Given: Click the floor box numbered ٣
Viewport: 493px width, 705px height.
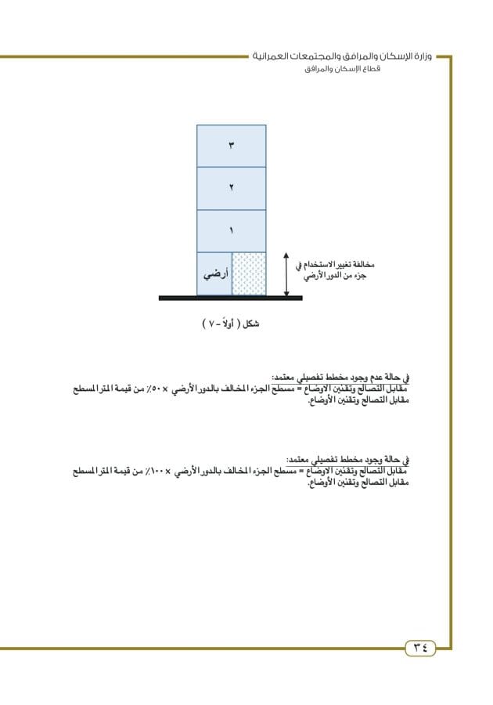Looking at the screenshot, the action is point(231,146).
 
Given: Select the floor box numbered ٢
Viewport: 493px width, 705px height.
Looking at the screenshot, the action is point(231,188).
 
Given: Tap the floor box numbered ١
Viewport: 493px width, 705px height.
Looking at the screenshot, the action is point(231,231).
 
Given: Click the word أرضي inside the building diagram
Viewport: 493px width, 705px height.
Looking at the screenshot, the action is point(214,274).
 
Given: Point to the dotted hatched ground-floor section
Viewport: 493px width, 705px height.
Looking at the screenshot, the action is point(249,274).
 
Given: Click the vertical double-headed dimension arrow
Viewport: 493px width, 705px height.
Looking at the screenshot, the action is point(286,274).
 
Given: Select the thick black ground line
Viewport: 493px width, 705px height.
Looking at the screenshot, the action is point(230,298).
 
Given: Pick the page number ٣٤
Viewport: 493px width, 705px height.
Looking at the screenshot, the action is point(420,648).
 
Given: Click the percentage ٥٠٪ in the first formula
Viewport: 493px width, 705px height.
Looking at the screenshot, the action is point(174,389).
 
